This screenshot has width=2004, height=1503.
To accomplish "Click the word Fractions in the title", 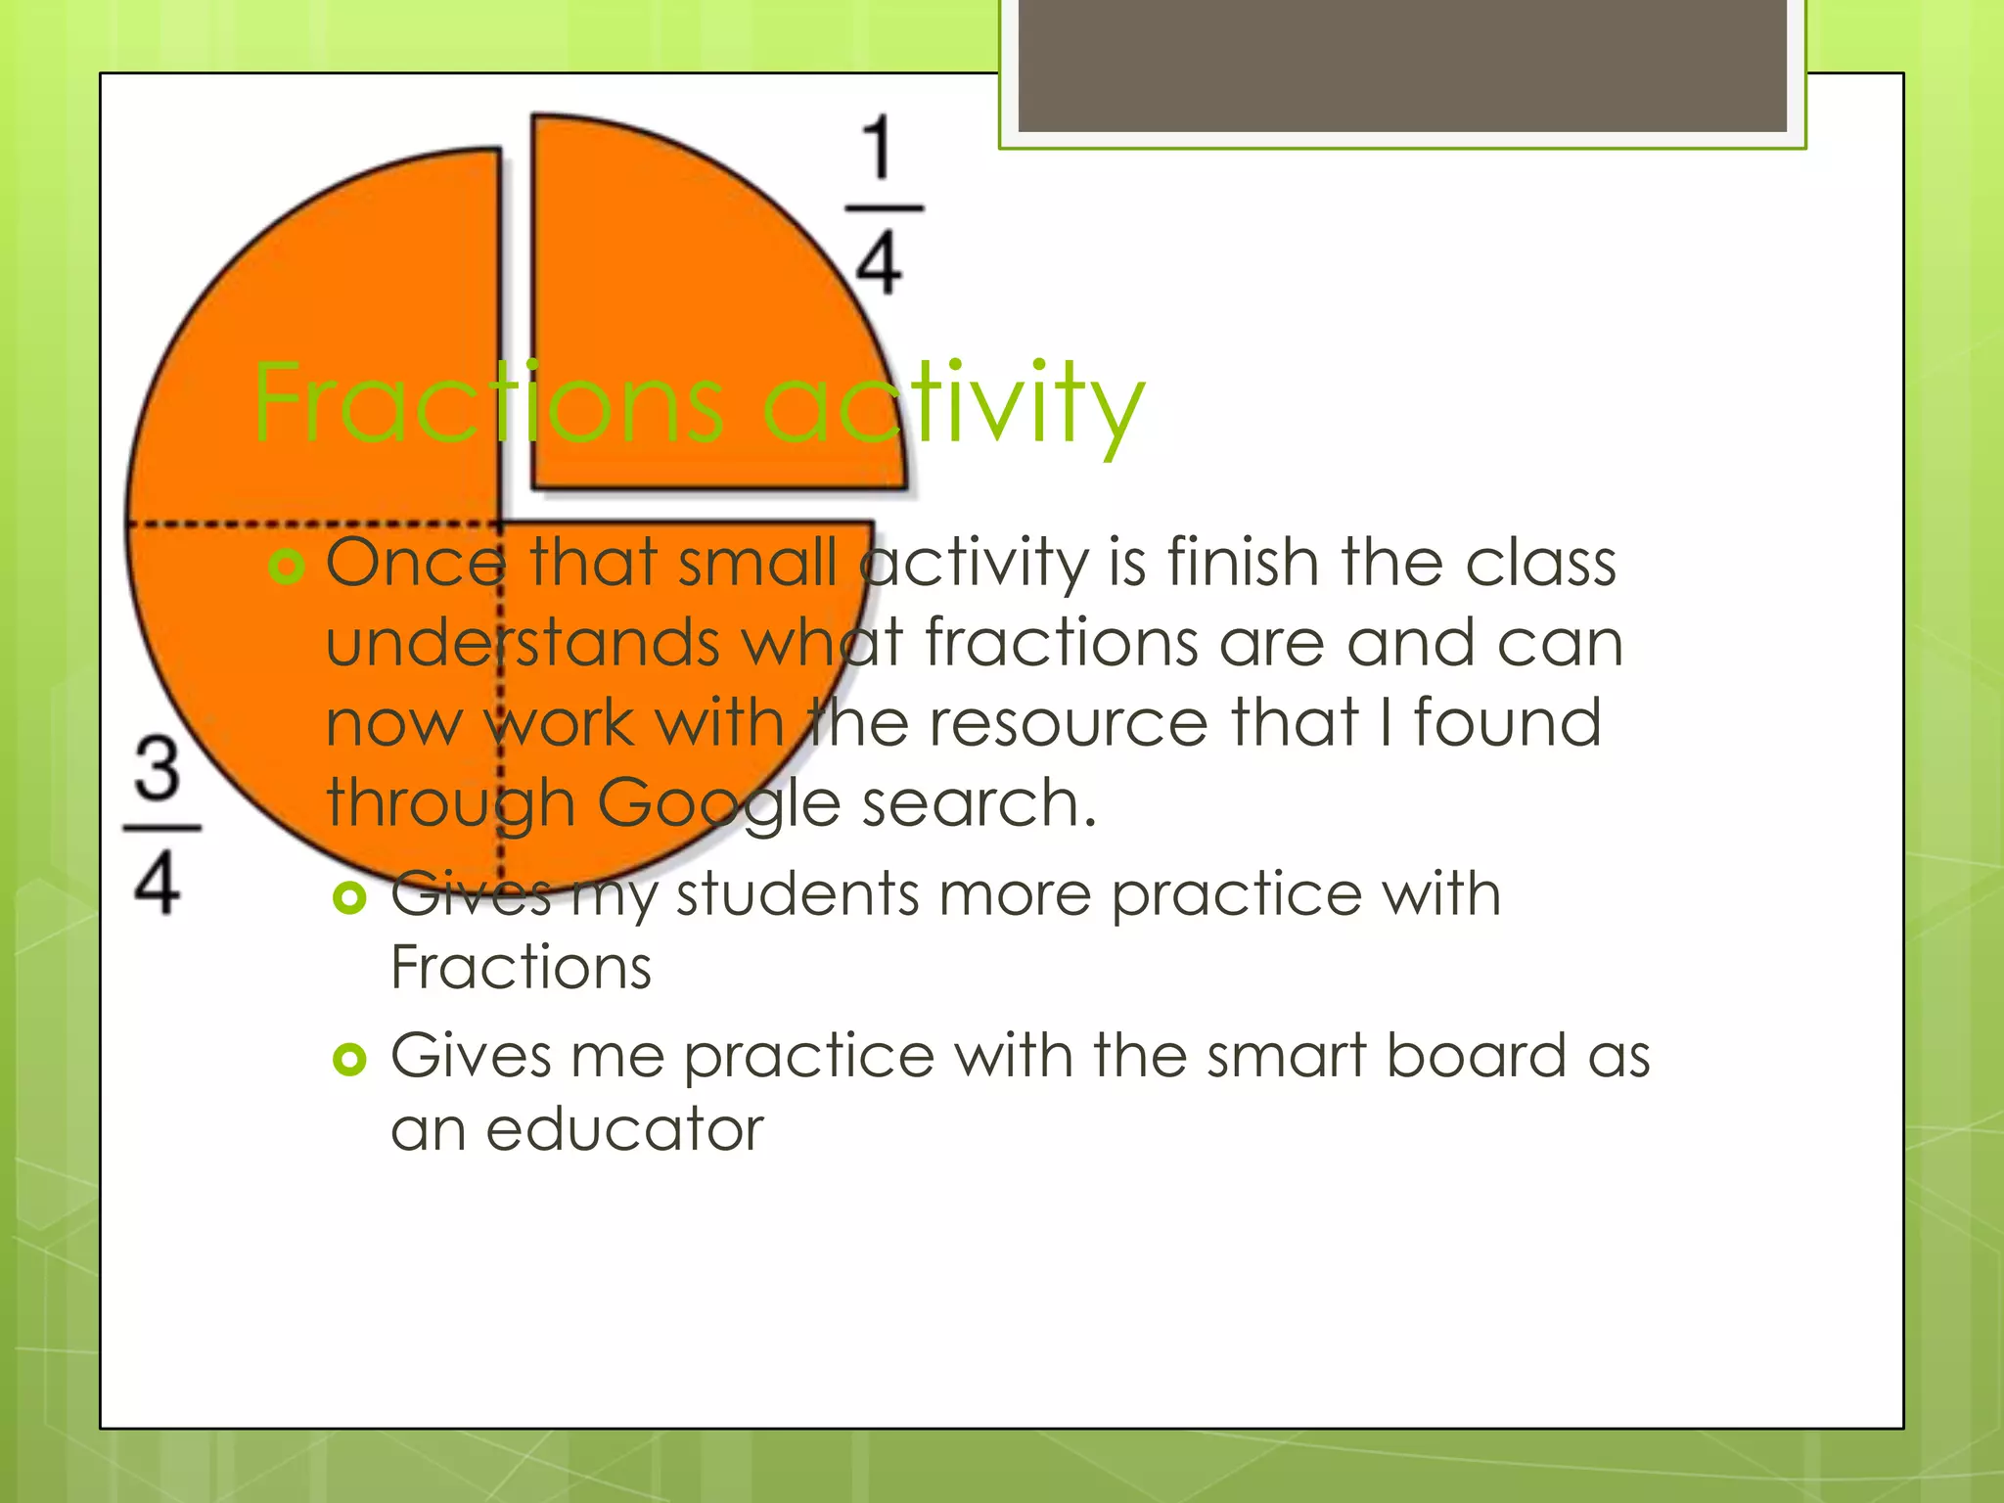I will [x=487, y=402].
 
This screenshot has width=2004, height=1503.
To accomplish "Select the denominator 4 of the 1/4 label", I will [x=879, y=263].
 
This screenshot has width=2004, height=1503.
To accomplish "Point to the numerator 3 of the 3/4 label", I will [x=158, y=767].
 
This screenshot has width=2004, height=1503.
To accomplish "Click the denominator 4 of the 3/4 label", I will [x=158, y=883].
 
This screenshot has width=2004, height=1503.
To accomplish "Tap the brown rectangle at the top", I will [x=1402, y=66].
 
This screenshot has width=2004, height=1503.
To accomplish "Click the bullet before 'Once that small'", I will [x=286, y=566].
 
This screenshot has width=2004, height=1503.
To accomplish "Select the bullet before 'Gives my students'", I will [x=349, y=896].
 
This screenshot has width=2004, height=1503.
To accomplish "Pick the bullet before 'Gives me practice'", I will [x=349, y=1059].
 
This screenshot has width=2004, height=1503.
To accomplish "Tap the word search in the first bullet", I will [x=979, y=802].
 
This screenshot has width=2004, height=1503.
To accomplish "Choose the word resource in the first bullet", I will [x=1069, y=722].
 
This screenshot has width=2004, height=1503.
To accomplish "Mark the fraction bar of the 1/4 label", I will [x=884, y=208].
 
